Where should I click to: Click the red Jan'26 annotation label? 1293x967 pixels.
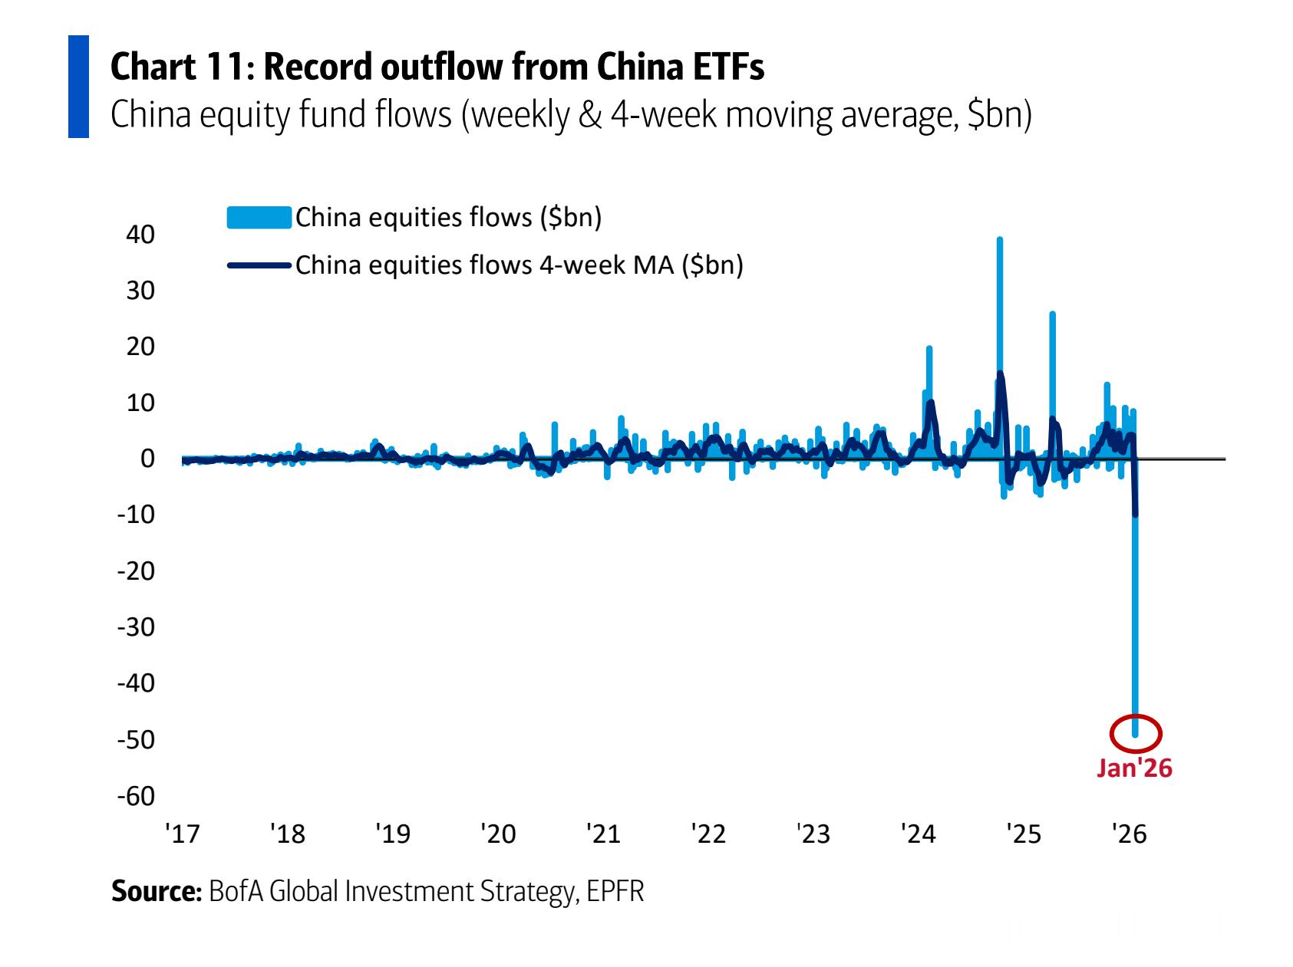1134,768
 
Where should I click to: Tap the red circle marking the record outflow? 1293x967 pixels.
1136,732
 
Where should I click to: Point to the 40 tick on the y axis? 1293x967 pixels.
140,235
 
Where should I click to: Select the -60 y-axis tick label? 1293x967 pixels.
136,796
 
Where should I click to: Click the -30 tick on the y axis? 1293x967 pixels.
136,627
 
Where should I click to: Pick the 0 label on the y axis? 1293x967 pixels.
147,459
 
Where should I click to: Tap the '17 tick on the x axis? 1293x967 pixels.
182,833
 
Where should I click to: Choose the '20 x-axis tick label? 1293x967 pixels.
498,833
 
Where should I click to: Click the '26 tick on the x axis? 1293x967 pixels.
1130,833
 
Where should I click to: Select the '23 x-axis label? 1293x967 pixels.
813,833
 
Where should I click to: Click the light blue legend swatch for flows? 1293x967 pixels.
259,218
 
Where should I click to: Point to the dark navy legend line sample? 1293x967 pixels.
259,265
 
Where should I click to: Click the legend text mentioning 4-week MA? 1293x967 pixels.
519,265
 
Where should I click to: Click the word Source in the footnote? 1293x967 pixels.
156,892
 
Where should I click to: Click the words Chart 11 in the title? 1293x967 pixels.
177,68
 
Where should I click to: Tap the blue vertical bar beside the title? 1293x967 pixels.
78,87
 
